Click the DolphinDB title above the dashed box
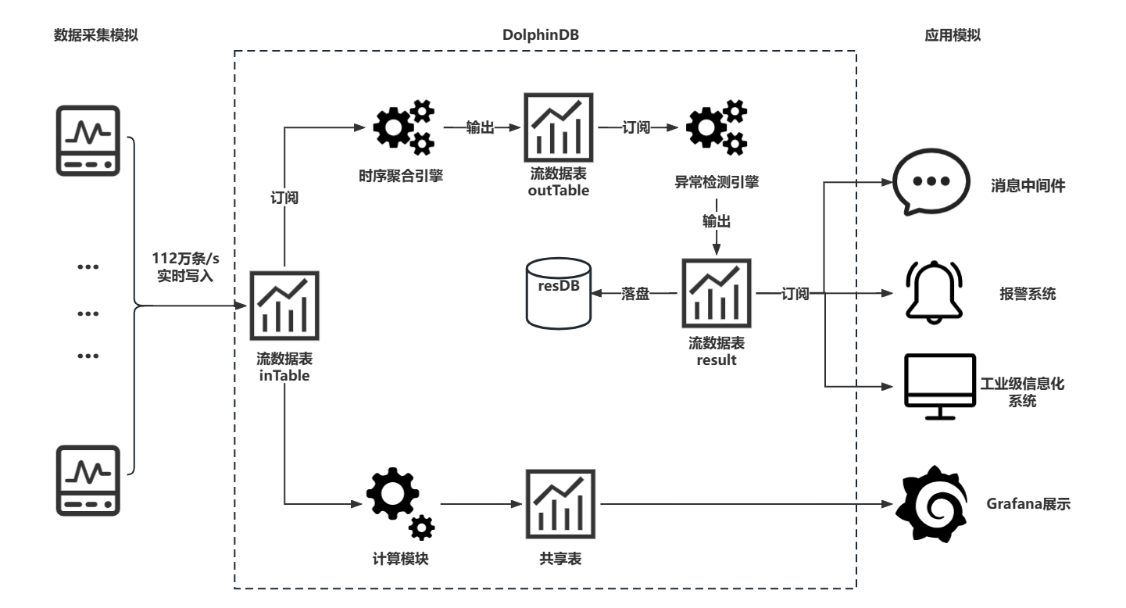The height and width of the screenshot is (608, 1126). tap(542, 35)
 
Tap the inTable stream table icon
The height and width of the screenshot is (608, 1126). tap(284, 305)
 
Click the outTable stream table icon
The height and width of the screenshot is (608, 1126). tap(558, 127)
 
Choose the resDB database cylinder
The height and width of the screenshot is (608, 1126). tap(559, 293)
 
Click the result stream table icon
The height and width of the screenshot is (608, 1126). tap(717, 293)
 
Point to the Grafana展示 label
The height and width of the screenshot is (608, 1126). tap(1028, 504)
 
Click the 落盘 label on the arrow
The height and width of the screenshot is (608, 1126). tap(635, 295)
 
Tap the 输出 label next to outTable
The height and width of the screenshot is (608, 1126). tap(480, 128)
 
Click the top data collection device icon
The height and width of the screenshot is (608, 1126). tap(88, 141)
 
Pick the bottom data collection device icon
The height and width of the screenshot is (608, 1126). tap(88, 480)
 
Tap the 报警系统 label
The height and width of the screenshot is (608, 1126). tap(1028, 294)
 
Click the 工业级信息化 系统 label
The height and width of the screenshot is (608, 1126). tap(1022, 392)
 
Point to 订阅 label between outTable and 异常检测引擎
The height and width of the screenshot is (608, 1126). tap(636, 127)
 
